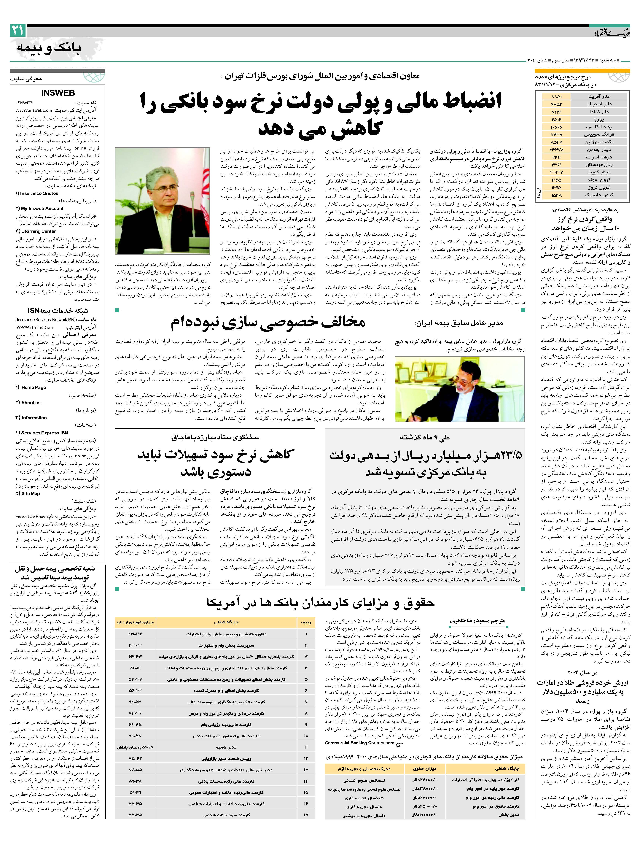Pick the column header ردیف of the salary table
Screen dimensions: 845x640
306,622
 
